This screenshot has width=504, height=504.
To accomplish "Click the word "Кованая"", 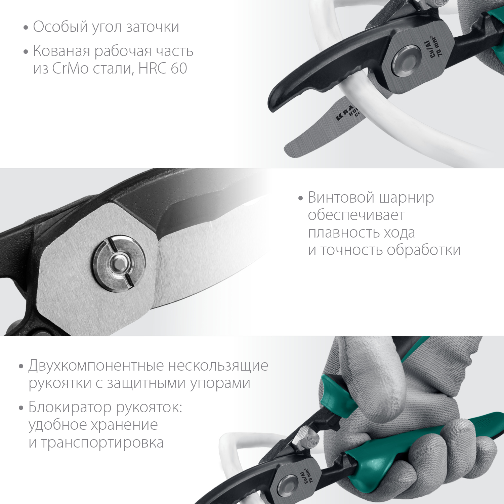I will point(61,51).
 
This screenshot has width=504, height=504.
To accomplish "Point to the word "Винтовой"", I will point(341,198).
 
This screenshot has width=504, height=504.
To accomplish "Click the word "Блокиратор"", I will point(70,407).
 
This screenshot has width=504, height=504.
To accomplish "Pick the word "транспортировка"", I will point(102,443).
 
